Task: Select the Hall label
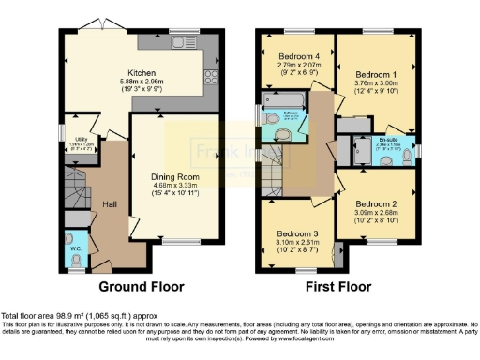(111, 204)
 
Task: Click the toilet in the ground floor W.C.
(78, 258)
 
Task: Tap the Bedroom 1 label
(373, 71)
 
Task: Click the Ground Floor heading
(141, 287)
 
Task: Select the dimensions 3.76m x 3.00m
(373, 81)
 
